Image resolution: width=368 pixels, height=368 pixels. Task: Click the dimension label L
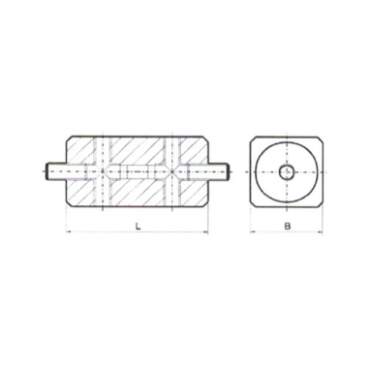click(x=138, y=227)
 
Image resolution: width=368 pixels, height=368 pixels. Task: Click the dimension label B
click(x=287, y=226)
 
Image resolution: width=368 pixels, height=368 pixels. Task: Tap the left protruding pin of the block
click(x=56, y=171)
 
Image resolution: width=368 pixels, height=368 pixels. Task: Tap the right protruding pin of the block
click(x=218, y=171)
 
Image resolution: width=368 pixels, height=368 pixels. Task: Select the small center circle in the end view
click(x=287, y=171)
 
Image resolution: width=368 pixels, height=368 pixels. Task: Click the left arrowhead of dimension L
click(x=69, y=231)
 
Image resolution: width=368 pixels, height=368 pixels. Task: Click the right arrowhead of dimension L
click(x=205, y=231)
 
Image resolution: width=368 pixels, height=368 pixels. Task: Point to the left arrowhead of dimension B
click(x=253, y=231)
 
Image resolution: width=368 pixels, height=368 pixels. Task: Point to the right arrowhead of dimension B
click(x=320, y=231)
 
